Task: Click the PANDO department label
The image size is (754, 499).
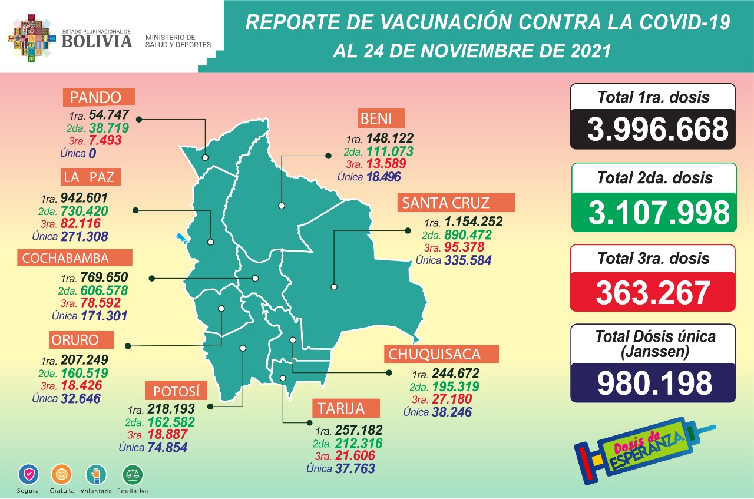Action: (100, 97)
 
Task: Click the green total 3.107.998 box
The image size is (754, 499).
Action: (653, 212)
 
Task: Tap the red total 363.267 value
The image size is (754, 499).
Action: (653, 292)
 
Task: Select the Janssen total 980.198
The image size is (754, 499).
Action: (653, 383)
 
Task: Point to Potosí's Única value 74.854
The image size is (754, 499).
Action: (167, 447)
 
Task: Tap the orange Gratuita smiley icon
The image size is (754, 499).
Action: (62, 474)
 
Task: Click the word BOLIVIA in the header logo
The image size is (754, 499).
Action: (97, 41)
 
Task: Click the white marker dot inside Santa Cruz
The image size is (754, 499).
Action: (334, 287)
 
